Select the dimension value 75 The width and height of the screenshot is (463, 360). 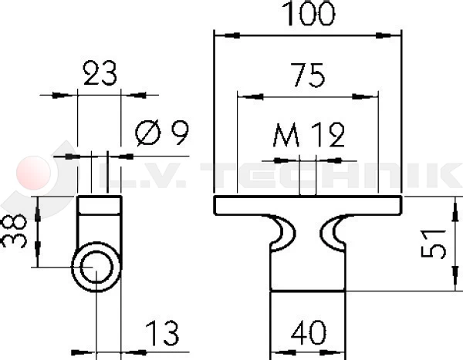pyautogui.click(x=307, y=76)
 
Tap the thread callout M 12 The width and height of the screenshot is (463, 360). pyautogui.click(x=309, y=136)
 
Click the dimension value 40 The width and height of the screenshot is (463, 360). pyautogui.click(x=308, y=334)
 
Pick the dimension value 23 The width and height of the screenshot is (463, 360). pyautogui.click(x=100, y=75)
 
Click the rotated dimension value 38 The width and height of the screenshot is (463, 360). pyautogui.click(x=14, y=230)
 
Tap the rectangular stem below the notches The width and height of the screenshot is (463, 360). pyautogui.click(x=308, y=270)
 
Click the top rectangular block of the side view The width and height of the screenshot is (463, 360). pyautogui.click(x=100, y=206)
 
